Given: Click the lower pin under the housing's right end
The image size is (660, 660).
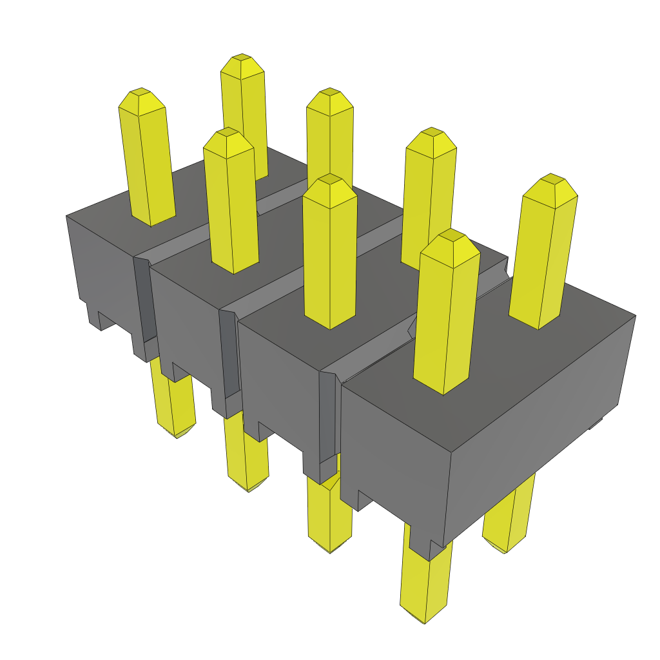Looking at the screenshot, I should (x=509, y=522).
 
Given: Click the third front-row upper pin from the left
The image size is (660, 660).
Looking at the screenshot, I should (x=329, y=251).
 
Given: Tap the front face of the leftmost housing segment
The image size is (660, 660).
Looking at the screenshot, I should (x=103, y=271).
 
